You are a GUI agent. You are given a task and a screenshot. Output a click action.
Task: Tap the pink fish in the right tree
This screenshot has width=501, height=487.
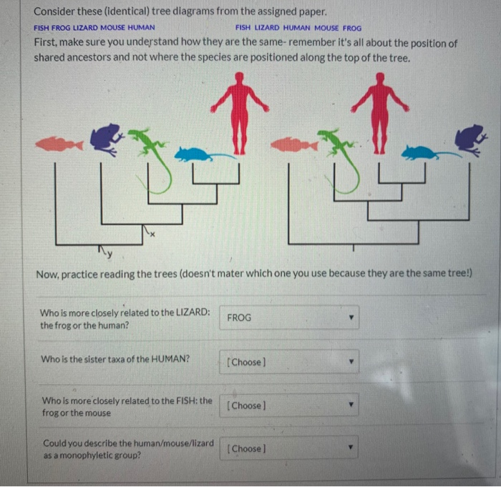point(293,145)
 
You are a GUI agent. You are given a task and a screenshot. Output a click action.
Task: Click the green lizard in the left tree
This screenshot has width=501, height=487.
point(154,154)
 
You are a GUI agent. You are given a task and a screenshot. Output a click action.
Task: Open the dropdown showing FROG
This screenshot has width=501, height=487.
point(289,318)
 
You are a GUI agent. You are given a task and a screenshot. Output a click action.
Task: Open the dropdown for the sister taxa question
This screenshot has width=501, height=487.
point(289,362)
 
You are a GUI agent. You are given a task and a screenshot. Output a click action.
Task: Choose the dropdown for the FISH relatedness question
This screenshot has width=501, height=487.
point(289,405)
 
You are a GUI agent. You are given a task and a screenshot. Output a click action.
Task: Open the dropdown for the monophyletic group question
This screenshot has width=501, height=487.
point(289,449)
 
